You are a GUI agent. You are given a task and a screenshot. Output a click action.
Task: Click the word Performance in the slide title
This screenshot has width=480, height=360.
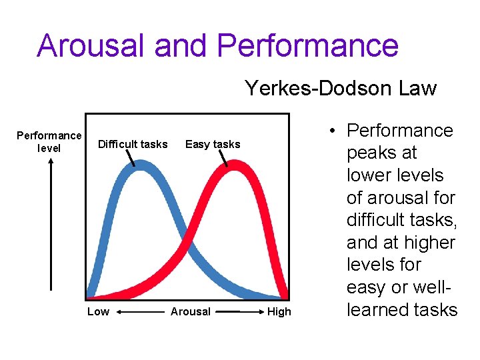(x=307, y=46)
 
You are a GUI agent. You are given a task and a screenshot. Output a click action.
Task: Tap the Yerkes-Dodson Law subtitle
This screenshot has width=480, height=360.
(x=340, y=88)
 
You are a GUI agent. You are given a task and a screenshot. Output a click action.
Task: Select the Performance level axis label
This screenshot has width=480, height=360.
(x=49, y=142)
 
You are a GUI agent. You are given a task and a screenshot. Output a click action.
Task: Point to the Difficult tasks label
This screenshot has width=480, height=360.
(x=133, y=144)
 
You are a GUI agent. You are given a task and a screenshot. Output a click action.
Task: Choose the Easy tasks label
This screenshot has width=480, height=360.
(x=213, y=144)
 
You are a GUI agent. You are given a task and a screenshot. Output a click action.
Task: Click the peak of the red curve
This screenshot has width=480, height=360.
(x=233, y=167)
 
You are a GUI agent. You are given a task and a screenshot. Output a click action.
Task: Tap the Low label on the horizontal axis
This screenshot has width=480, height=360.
(x=99, y=311)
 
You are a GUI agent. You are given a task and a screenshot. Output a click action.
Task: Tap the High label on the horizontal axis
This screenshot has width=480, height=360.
(x=279, y=311)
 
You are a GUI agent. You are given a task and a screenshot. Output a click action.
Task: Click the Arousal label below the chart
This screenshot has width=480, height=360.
(x=191, y=311)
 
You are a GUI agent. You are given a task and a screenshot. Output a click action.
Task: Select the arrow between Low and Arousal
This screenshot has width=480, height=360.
(x=141, y=311)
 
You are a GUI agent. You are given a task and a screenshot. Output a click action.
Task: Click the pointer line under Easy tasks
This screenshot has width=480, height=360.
(x=225, y=158)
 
